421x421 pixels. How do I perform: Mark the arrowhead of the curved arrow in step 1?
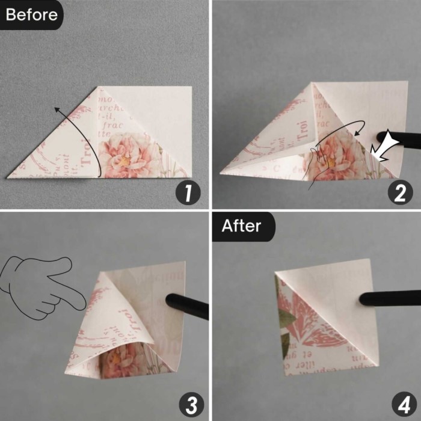(x=55, y=109)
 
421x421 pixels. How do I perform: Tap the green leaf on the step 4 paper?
(x=287, y=319)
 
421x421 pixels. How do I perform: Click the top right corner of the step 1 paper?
(x=191, y=87)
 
